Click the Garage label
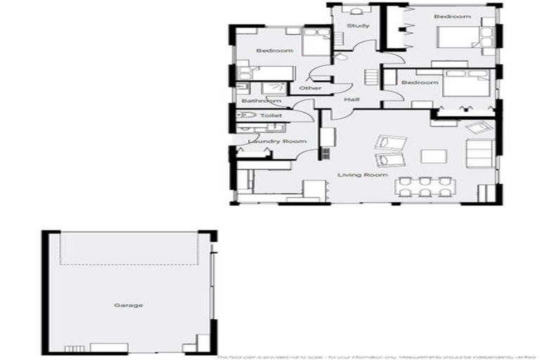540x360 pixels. pos(129,305)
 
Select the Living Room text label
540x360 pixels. pos(362,174)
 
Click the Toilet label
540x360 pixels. pos(271,115)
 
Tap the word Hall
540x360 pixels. pos(352,100)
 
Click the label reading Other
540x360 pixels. pos(310,89)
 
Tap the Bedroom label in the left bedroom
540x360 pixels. pos(274,51)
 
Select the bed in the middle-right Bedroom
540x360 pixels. pos(464,86)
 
